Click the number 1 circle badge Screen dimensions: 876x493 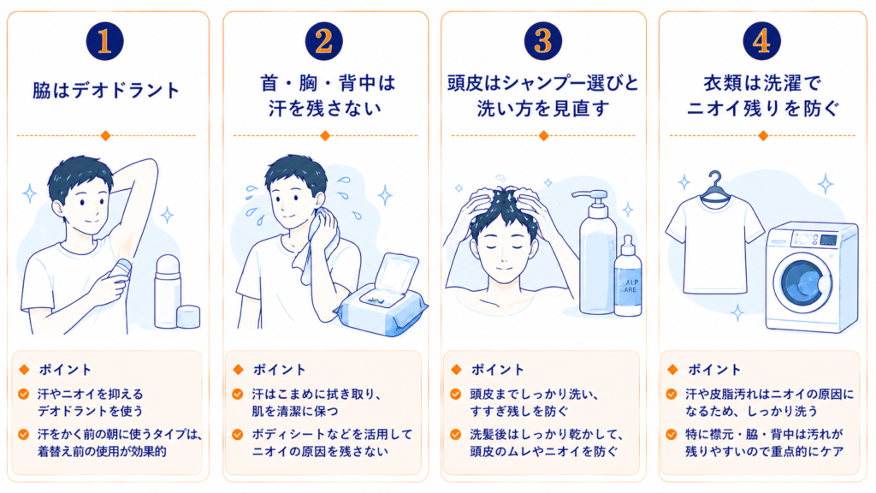click(x=104, y=41)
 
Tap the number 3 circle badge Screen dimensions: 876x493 click(x=542, y=41)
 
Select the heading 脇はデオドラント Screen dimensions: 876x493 click(x=106, y=90)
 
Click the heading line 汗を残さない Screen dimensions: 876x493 click(x=325, y=109)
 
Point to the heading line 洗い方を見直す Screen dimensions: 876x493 click(x=543, y=109)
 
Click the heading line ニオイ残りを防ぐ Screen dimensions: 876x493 click(x=762, y=109)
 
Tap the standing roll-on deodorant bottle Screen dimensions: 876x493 click(x=167, y=291)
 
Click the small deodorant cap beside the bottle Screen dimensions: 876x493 click(x=188, y=317)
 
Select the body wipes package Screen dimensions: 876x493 click(x=381, y=296)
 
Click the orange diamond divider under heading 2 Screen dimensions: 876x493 click(x=325, y=135)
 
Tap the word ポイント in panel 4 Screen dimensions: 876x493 click(x=714, y=370)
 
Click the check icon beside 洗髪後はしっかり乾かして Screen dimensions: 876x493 click(x=456, y=434)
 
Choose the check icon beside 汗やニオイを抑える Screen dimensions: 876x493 click(x=23, y=394)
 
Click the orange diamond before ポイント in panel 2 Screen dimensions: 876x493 click(x=239, y=370)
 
